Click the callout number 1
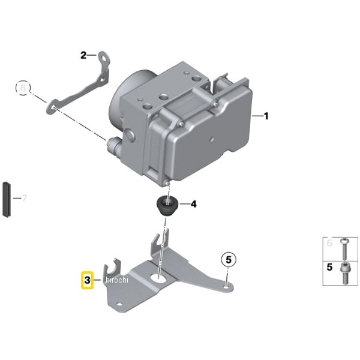click(266, 116)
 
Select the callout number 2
click(83, 55)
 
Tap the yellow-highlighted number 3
click(88, 280)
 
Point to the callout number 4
click(194, 204)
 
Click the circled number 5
click(229, 260)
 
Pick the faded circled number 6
click(23, 88)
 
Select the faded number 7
click(24, 198)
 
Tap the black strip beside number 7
click(6, 199)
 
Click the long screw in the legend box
click(344, 250)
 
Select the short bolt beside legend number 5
click(344, 274)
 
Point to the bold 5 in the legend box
click(329, 267)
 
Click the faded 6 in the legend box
click(329, 243)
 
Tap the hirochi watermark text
click(117, 280)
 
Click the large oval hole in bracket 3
click(159, 278)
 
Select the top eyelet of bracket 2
click(104, 57)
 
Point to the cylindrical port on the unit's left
click(114, 146)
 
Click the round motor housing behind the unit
click(128, 97)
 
